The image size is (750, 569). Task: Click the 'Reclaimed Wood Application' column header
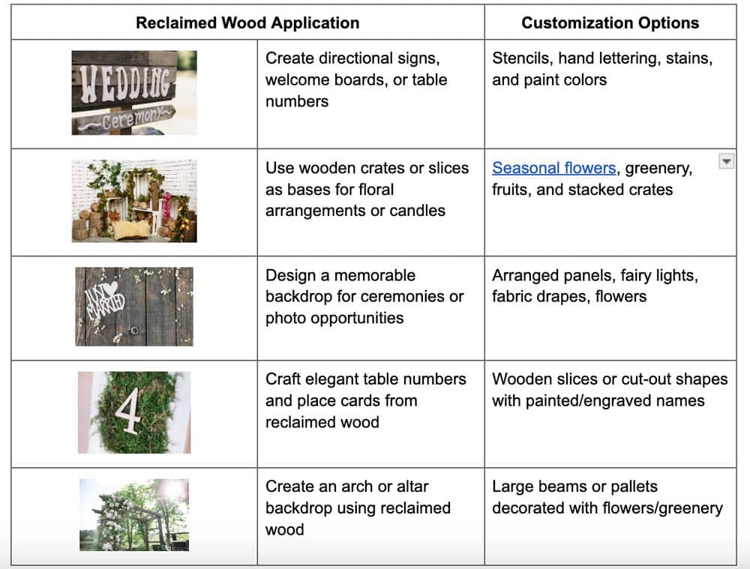point(247,23)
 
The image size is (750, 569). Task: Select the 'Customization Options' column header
point(610,23)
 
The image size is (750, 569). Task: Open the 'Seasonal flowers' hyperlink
point(554,168)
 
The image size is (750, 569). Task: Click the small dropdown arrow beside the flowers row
point(726,162)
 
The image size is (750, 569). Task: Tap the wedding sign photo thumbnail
point(134,93)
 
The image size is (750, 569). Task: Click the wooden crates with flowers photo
point(134,201)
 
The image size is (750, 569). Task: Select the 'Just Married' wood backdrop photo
point(134,307)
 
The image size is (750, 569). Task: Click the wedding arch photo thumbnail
point(134,515)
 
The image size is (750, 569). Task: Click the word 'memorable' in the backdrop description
point(374,275)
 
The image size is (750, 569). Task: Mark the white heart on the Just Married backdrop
point(110,289)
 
